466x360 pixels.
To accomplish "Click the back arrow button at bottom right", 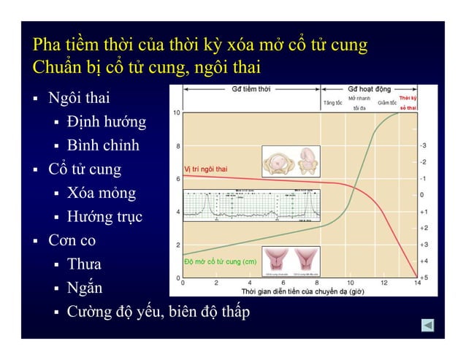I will pyautogui.click(x=428, y=324).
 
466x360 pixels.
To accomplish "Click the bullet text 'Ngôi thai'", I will pyautogui.click(x=80, y=97).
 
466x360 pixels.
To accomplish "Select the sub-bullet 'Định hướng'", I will pyautogui.click(x=106, y=121).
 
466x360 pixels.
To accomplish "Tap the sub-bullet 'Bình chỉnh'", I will pyautogui.click(x=103, y=145).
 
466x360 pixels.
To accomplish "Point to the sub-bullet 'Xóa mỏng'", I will pyautogui.click(x=101, y=194).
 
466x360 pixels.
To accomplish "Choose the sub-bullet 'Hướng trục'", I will pyautogui.click(x=104, y=217).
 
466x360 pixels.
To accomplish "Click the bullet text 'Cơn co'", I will pyautogui.click(x=72, y=240).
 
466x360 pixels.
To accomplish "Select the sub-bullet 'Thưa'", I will pyautogui.click(x=84, y=264).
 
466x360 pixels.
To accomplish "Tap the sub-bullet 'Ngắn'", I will pyautogui.click(x=84, y=288).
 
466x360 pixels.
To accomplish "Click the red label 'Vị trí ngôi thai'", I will pyautogui.click(x=205, y=169).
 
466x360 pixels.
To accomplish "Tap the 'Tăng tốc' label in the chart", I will pyautogui.click(x=333, y=103).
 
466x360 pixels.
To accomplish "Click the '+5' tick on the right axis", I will pyautogui.click(x=424, y=277).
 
